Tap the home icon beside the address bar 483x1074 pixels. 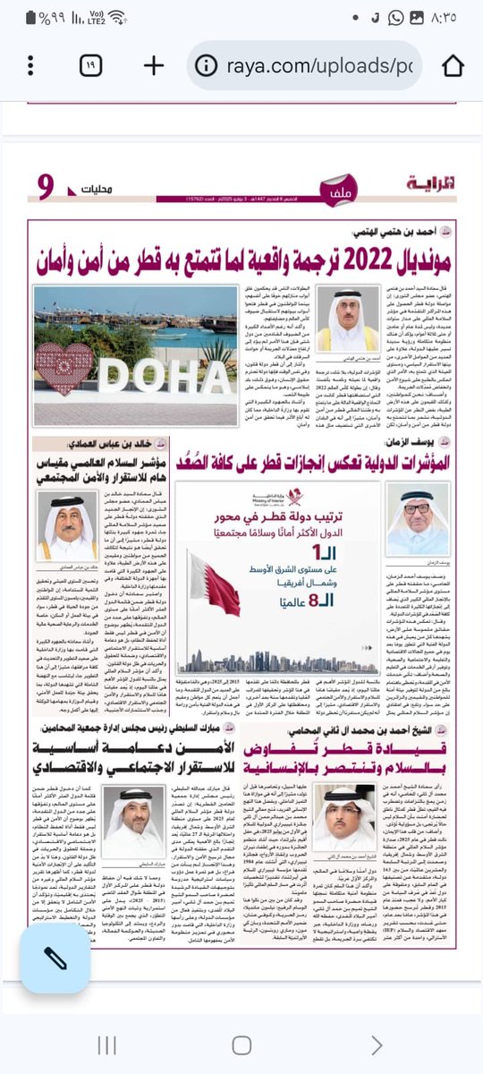[x=453, y=64]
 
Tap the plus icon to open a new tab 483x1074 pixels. [x=153, y=64]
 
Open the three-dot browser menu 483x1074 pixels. [x=28, y=64]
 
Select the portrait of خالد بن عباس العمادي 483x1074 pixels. [x=72, y=520]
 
